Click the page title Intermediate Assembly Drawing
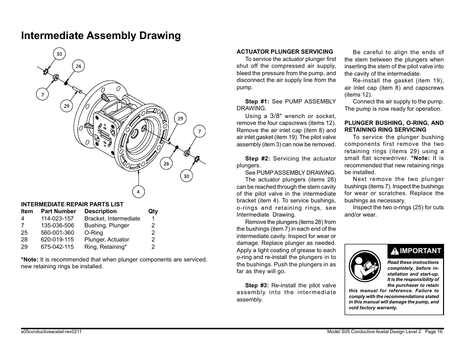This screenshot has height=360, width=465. click(x=101, y=36)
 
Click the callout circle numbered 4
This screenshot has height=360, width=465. click(x=138, y=192)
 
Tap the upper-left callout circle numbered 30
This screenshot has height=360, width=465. click(x=59, y=54)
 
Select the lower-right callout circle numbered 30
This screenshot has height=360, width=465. click(x=186, y=176)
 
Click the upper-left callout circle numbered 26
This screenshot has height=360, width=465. click(x=78, y=66)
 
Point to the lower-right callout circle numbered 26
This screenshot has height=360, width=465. click(x=166, y=163)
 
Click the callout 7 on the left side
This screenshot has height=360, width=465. click(x=42, y=95)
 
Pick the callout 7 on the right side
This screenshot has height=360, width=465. click(x=199, y=131)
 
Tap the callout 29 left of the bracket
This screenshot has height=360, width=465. click(x=67, y=105)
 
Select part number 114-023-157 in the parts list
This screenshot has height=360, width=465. click(x=57, y=219)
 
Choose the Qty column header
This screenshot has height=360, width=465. click(x=153, y=211)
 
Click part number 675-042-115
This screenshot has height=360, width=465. click(x=57, y=247)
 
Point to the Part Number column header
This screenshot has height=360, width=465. click(x=58, y=211)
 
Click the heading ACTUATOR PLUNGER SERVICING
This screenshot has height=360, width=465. click(x=285, y=51)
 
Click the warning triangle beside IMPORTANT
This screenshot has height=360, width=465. click(x=394, y=251)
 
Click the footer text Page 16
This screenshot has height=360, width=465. click(x=433, y=332)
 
